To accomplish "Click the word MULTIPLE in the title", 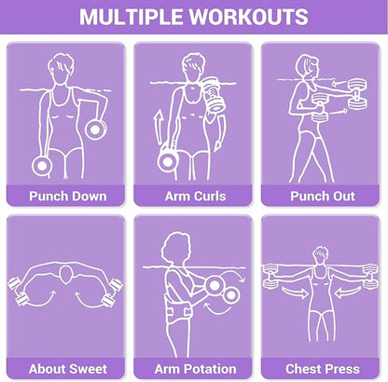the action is pos(132,17).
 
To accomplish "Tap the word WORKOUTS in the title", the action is pos(249,17).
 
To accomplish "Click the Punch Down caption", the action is pos(68,197).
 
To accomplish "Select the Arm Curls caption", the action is pos(195,197).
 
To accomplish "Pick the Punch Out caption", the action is pos(323,197).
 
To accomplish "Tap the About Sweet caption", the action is pos(68,369).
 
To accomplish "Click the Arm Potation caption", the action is pos(195,369).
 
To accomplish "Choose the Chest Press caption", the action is pos(323,369).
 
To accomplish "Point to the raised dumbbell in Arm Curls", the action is pos(213,94).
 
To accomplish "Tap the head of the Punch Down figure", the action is pos(61,69).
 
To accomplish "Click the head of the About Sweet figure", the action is pos(66,274).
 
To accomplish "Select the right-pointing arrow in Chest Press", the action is pos(295,293).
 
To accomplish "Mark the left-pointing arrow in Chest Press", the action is pos(348,293).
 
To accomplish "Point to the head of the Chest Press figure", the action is pos(320,256).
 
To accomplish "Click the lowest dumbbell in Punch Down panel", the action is pos(42,166).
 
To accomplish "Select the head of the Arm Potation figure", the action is pos(175,248).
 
